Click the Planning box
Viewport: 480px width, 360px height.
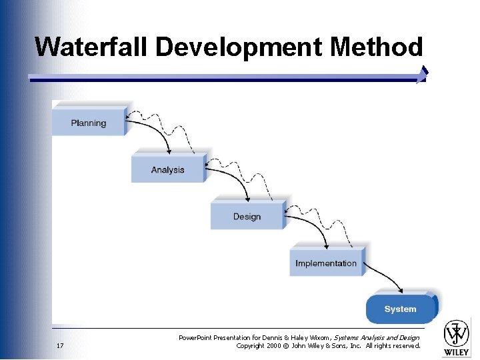click(x=89, y=123)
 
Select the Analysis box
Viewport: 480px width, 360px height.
click(x=167, y=169)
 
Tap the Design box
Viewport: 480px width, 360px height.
click(x=247, y=216)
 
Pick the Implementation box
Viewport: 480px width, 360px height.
click(x=326, y=263)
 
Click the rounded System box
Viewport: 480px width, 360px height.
click(x=401, y=309)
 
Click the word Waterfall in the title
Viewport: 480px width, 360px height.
click(x=93, y=47)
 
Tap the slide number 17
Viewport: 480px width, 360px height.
click(x=60, y=345)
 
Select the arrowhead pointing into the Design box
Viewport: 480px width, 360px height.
click(x=249, y=198)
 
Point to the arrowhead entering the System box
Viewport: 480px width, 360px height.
click(x=400, y=291)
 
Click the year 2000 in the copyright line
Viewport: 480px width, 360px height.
click(x=275, y=345)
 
